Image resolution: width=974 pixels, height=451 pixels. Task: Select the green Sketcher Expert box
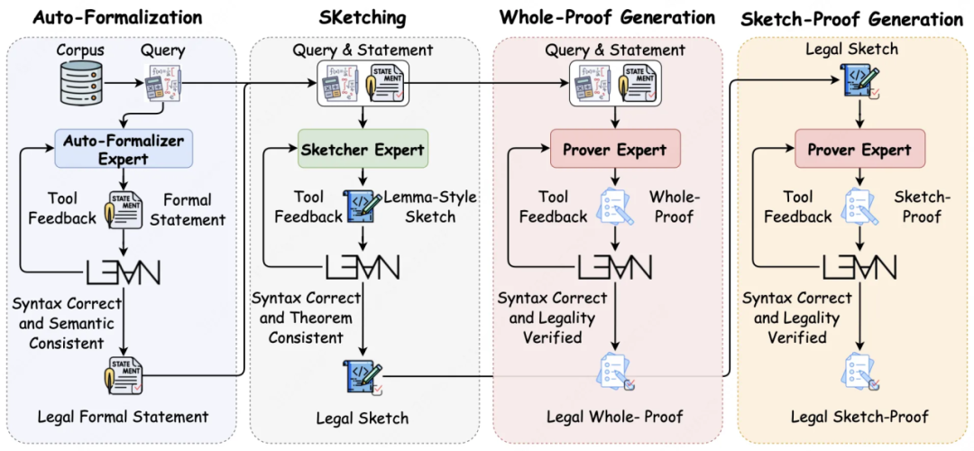click(363, 149)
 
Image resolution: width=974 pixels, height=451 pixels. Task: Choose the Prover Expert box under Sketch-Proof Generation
click(859, 149)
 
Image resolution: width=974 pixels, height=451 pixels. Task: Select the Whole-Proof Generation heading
click(608, 17)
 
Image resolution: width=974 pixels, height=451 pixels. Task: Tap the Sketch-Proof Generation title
click(851, 19)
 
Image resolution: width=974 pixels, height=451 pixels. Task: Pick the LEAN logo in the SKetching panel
click(363, 266)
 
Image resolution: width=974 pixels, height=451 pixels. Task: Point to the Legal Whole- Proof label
click(614, 416)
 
